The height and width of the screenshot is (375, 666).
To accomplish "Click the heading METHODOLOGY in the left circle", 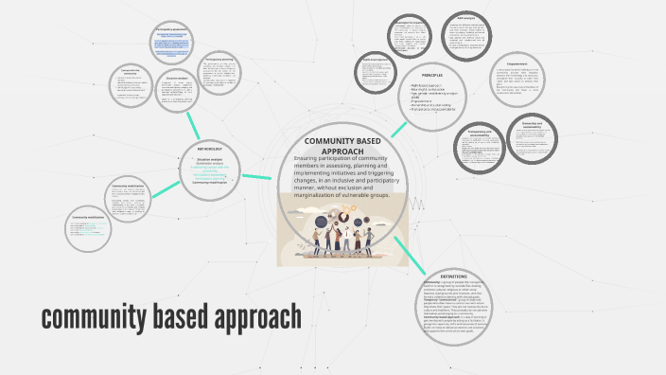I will coord(210,150).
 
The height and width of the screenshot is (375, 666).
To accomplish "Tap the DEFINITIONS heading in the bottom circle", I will coord(453,277).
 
